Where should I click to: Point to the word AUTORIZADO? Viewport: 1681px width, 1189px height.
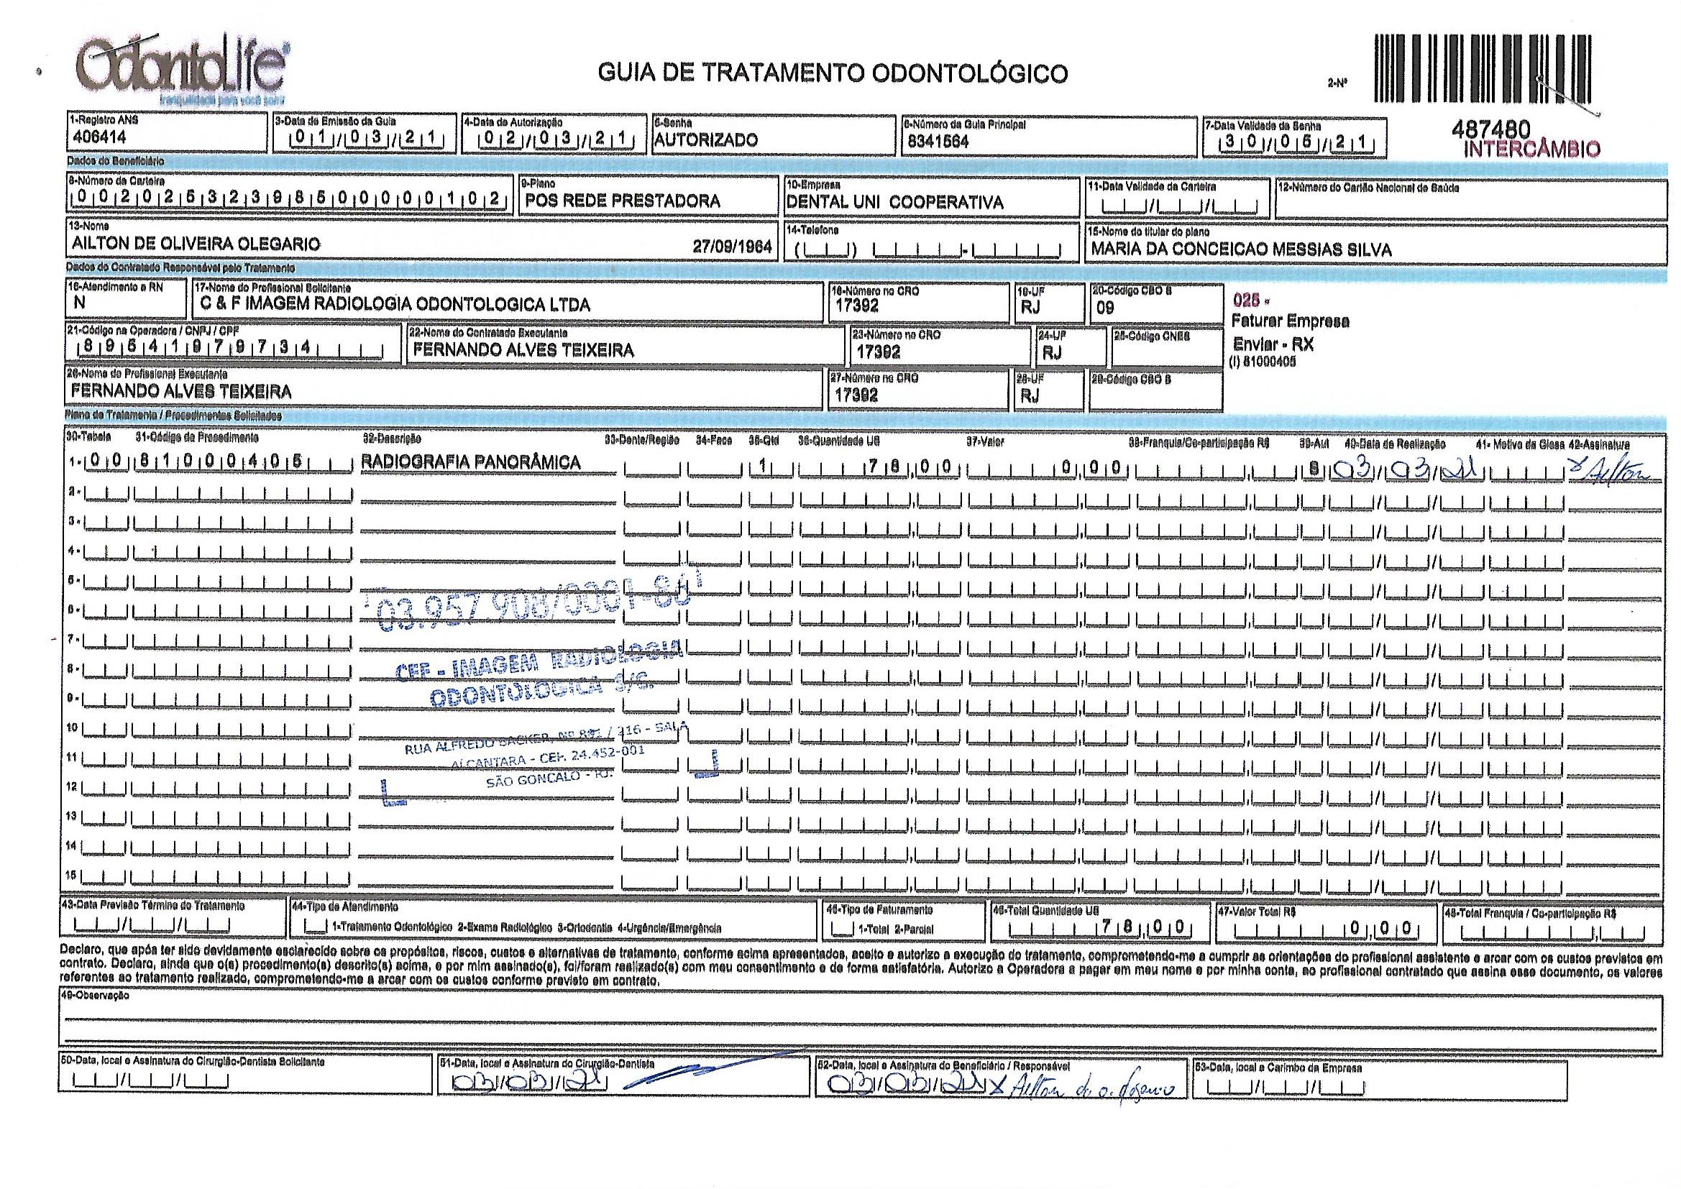[x=706, y=140]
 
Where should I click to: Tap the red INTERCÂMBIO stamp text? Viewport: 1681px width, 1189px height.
[x=1531, y=150]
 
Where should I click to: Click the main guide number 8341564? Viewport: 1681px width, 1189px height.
[x=938, y=142]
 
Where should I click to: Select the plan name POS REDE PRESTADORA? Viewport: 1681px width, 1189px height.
[x=623, y=201]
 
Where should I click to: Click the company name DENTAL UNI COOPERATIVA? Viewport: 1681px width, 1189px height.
[x=894, y=203]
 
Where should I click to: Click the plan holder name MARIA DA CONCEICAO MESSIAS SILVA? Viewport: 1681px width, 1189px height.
[x=1241, y=249]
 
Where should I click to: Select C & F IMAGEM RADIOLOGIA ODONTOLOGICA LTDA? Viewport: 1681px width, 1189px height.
[x=395, y=306]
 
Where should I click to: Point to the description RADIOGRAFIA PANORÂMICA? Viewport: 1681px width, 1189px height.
[x=471, y=463]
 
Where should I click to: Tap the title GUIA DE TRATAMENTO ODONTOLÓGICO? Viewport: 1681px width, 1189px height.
[x=833, y=73]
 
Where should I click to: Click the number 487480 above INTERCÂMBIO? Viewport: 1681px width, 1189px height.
[x=1490, y=129]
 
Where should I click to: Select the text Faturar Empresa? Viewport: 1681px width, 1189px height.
[x=1291, y=321]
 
